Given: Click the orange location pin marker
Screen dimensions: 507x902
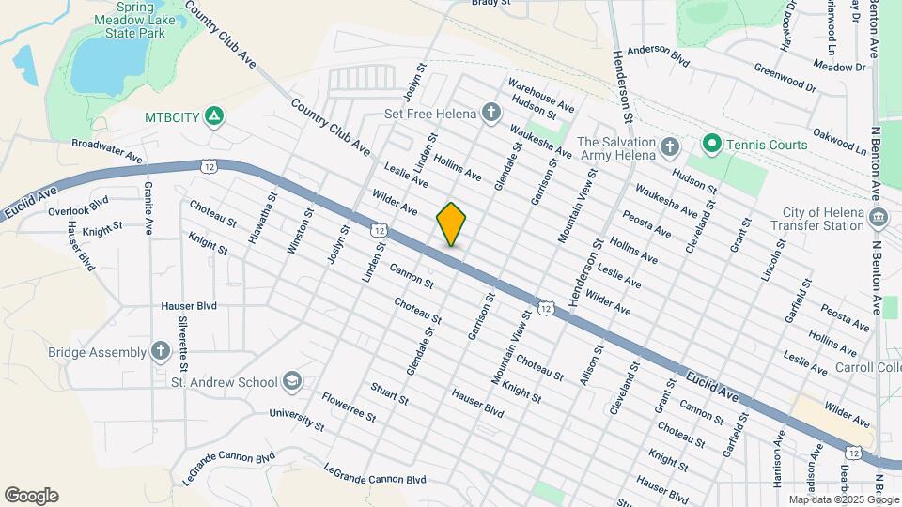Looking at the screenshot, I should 452,223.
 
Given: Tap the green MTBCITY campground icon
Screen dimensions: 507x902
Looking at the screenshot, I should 214,116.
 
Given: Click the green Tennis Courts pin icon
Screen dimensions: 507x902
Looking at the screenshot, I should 711,145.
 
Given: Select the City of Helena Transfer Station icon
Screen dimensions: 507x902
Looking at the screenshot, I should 879,219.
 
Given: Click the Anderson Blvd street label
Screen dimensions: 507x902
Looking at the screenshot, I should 658,56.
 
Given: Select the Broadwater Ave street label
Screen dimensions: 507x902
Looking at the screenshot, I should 105,151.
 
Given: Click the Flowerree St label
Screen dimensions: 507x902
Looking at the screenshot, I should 348,406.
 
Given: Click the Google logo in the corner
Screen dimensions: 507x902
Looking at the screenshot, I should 31,495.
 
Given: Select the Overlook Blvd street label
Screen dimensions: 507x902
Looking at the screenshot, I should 78,206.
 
